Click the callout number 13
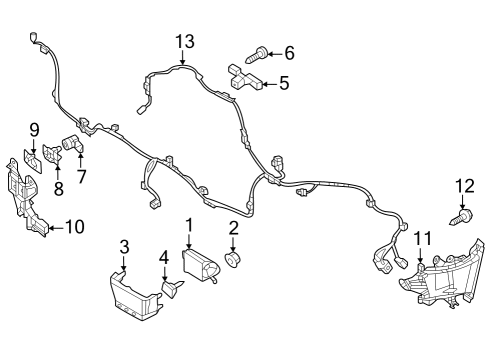click(x=185, y=42)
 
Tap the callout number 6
click(x=289, y=53)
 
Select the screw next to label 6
click(x=256, y=55)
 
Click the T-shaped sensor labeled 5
click(x=245, y=78)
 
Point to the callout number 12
click(x=465, y=186)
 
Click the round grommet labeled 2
click(x=233, y=259)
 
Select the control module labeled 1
click(x=200, y=266)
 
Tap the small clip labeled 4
click(x=172, y=288)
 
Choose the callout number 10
click(x=75, y=227)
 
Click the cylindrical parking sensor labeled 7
click(x=72, y=144)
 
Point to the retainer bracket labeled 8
click(x=52, y=154)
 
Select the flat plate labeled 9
click(x=33, y=161)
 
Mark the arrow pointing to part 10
click(x=56, y=228)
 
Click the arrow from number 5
click(x=270, y=84)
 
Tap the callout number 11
click(x=423, y=239)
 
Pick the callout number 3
click(x=124, y=247)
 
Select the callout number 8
click(x=59, y=189)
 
